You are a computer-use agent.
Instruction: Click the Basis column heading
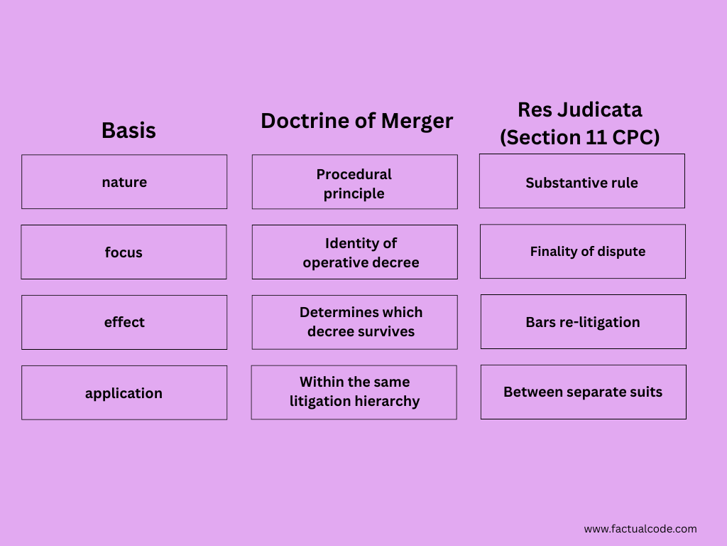coord(129,131)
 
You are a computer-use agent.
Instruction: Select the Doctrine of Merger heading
coord(356,121)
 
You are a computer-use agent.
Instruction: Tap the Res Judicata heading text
coord(579,109)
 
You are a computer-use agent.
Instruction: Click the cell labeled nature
coord(124,182)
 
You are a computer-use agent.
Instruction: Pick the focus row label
coord(124,252)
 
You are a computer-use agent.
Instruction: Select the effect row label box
coord(124,322)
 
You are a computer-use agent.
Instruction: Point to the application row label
coord(124,393)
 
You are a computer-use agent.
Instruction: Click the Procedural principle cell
coord(354,183)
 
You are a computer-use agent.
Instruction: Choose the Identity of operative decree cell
coord(361,253)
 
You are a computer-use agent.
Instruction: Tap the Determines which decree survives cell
coord(361,322)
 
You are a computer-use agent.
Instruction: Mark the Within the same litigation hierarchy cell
coord(354,392)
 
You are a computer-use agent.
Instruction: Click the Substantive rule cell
coord(581,183)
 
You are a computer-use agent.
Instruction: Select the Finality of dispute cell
coord(587,252)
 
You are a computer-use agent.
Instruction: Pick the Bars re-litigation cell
coord(583,322)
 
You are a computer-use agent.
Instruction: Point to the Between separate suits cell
coord(583,392)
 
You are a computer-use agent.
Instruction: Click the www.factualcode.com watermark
coord(640,529)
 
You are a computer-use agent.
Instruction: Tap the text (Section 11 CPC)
coord(579,136)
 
